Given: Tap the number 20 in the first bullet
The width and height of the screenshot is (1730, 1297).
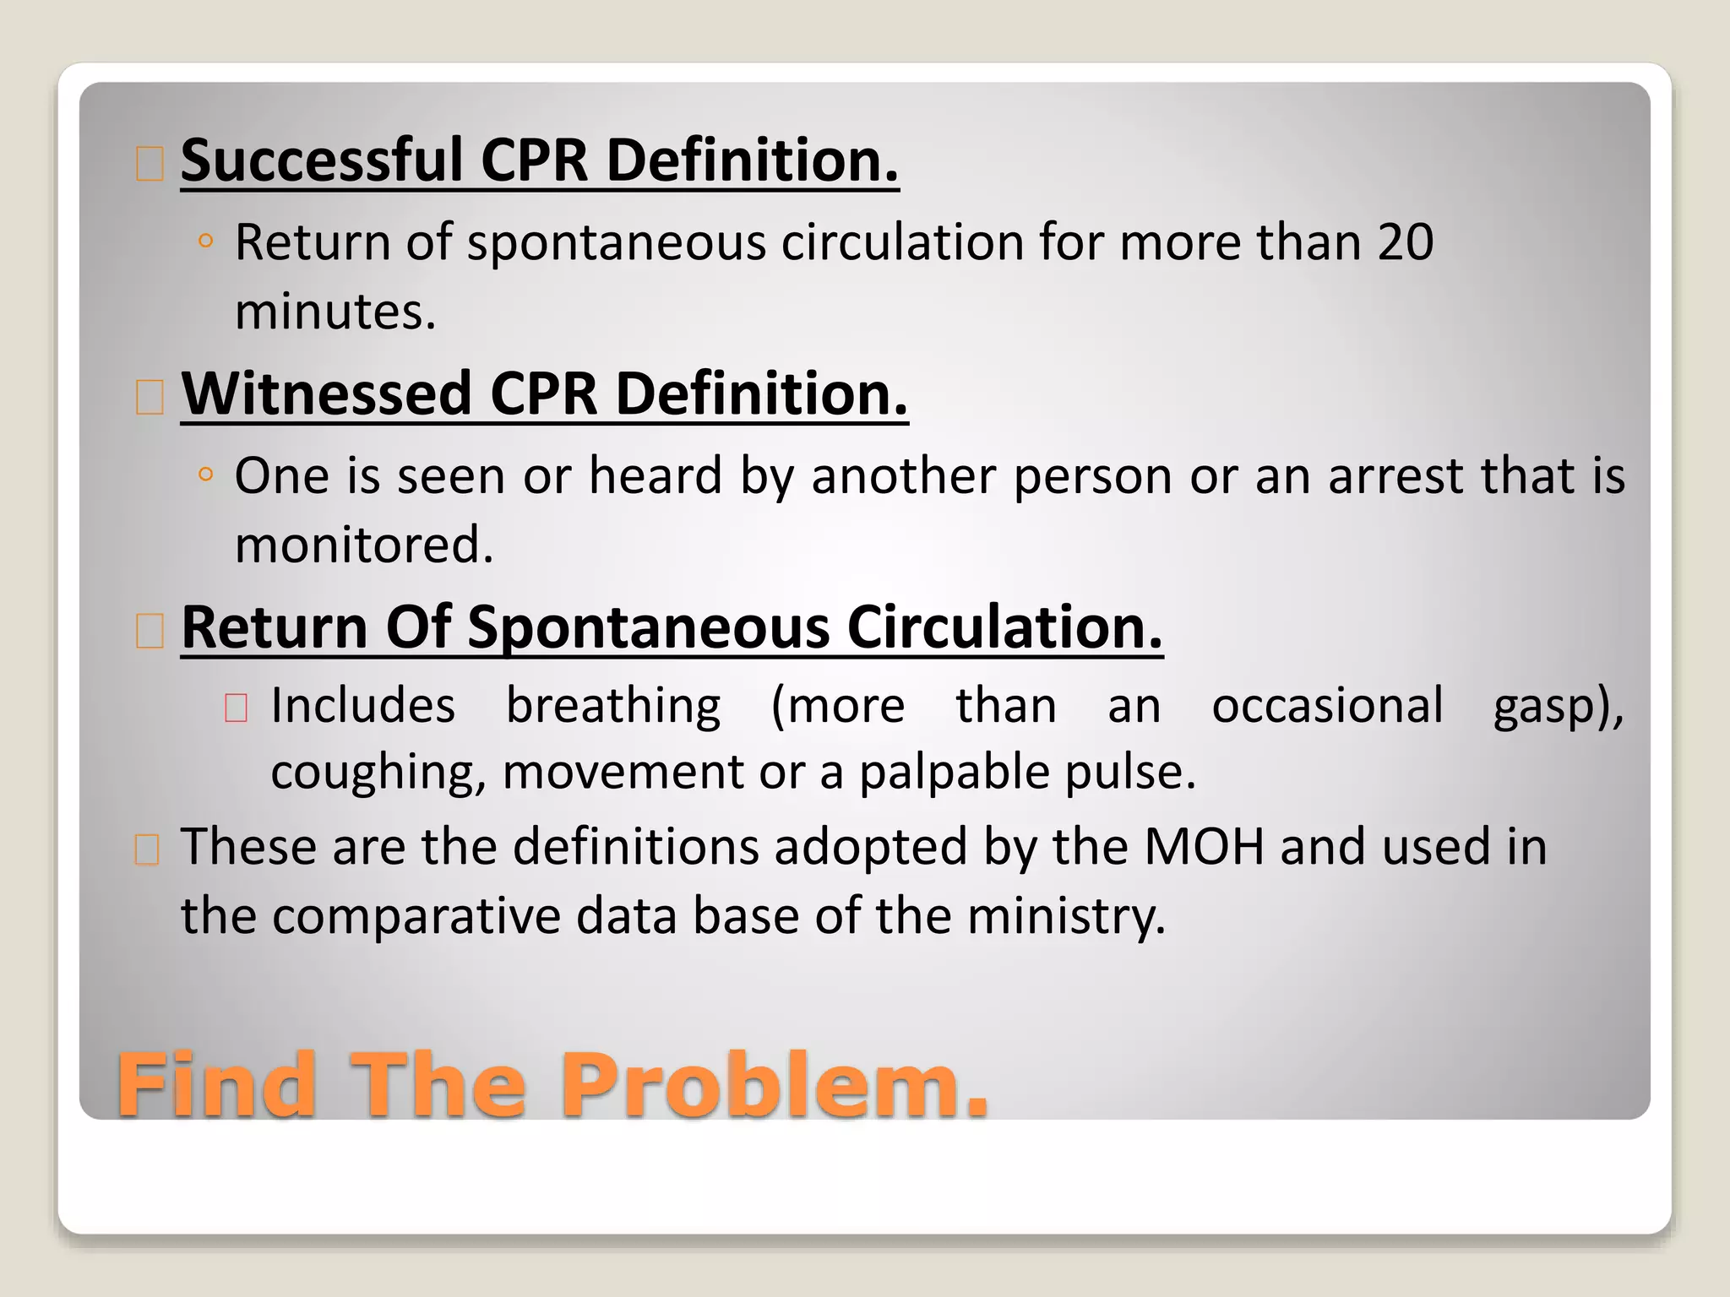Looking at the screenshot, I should [1405, 242].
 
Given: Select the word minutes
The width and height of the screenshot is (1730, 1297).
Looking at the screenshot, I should [335, 312].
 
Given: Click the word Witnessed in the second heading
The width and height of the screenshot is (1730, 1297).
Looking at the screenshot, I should [326, 393].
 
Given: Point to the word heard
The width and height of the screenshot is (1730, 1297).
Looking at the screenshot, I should [656, 475].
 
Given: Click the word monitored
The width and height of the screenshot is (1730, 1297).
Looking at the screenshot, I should [363, 545].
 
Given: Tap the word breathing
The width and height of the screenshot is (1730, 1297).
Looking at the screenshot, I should [613, 706].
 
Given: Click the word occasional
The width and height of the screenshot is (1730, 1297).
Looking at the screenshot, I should [1327, 706].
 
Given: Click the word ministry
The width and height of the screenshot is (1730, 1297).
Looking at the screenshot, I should [1065, 916].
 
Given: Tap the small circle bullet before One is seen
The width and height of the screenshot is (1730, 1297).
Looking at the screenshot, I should [204, 475].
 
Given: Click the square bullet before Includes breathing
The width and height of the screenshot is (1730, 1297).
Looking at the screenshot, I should [236, 708].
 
